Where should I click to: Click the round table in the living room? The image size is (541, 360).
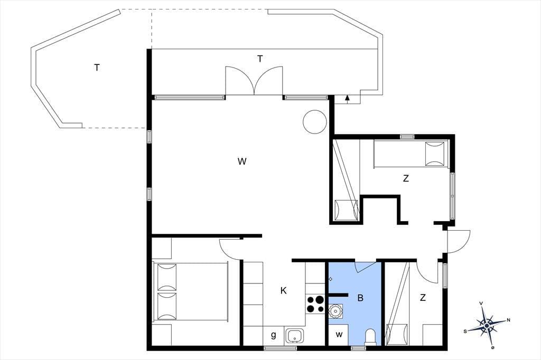tap(315, 122)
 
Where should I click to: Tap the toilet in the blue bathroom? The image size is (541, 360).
tap(370, 337)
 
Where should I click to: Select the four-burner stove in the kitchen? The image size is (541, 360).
tap(315, 304)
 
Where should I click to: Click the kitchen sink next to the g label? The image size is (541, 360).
tap(294, 336)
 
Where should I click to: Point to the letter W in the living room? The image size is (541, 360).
tap(242, 161)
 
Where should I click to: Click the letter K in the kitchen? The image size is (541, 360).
tap(283, 291)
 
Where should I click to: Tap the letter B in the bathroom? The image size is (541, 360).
tap(360, 298)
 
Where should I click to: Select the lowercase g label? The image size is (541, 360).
tap(274, 335)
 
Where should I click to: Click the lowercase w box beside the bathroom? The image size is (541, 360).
tap(339, 335)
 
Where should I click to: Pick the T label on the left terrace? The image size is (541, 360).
tap(97, 68)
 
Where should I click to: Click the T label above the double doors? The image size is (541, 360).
tap(260, 59)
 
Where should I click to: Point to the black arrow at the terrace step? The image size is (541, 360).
tap(348, 99)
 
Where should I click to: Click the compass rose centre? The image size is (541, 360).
tap(487, 325)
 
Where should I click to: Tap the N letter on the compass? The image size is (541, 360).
tap(508, 320)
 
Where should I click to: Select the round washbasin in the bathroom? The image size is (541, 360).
tap(334, 311)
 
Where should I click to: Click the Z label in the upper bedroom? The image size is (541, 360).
tap(406, 178)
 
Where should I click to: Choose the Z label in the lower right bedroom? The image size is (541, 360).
tap(423, 297)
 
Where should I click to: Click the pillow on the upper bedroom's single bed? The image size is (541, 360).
tap(434, 154)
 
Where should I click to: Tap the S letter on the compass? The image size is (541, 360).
tap(465, 331)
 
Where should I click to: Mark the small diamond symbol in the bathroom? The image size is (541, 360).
tap(331, 279)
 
